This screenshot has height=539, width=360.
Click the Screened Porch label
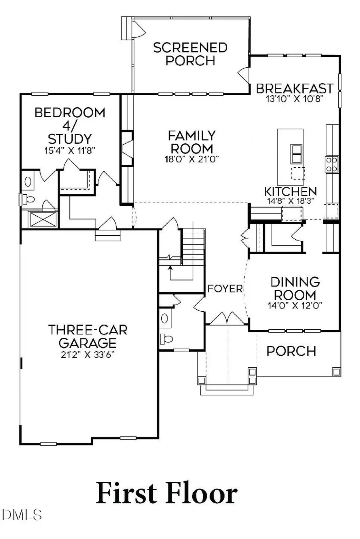tap(190, 54)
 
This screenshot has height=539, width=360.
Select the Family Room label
tap(192, 142)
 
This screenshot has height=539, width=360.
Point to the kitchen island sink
tap(296, 152)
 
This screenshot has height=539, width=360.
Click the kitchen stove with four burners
tap(332, 164)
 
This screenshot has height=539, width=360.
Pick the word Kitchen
tap(291, 192)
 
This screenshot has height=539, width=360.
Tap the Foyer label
tap(225, 289)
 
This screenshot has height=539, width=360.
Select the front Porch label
tap(291, 351)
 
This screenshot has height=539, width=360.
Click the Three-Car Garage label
tap(88, 336)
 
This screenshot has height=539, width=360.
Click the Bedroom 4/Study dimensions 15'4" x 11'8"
tap(70, 150)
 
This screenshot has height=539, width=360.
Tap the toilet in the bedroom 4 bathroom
tap(29, 198)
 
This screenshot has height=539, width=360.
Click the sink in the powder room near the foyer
tap(164, 319)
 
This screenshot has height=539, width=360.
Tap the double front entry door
tap(227, 319)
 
